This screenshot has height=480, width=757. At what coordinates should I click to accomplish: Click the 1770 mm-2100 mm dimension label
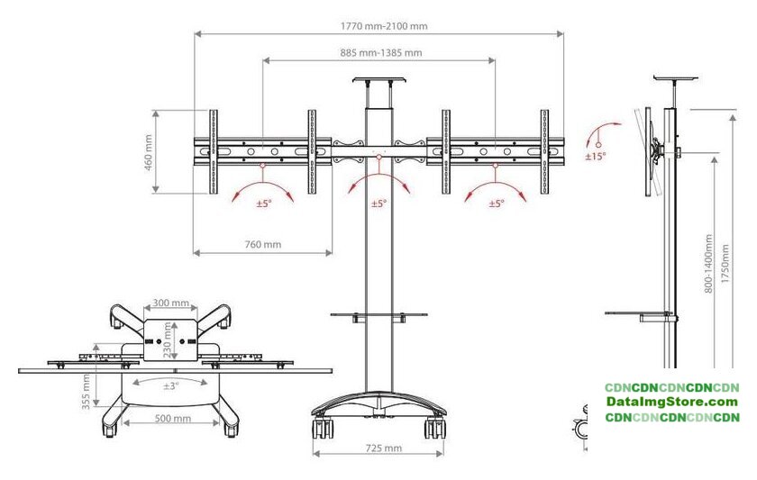384,26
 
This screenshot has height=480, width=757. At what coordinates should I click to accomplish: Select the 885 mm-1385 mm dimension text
381,52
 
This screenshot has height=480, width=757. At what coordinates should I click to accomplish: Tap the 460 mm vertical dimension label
149,152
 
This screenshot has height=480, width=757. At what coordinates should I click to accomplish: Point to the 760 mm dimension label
262,245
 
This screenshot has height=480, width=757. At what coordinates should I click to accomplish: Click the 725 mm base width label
383,448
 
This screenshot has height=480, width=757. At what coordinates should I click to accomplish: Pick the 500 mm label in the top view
172,418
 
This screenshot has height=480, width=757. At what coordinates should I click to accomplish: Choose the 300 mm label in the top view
171,303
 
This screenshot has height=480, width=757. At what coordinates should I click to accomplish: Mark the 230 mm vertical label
168,340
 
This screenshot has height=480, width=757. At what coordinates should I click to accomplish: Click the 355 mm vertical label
87,392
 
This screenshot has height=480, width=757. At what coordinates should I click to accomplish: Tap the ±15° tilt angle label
596,157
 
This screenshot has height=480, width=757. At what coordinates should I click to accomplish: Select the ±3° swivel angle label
171,386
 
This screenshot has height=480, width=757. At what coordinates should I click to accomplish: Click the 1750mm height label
725,265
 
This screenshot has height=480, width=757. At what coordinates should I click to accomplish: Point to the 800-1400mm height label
708,263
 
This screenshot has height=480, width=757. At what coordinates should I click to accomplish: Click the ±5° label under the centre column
379,204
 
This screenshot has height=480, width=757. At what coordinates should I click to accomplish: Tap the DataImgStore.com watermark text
672,402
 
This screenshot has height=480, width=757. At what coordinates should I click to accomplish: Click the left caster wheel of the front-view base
323,428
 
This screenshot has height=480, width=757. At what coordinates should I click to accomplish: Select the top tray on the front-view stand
379,80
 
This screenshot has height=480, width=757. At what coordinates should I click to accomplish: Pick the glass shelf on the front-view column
379,314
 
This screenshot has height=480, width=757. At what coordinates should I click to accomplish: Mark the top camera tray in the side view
676,77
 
